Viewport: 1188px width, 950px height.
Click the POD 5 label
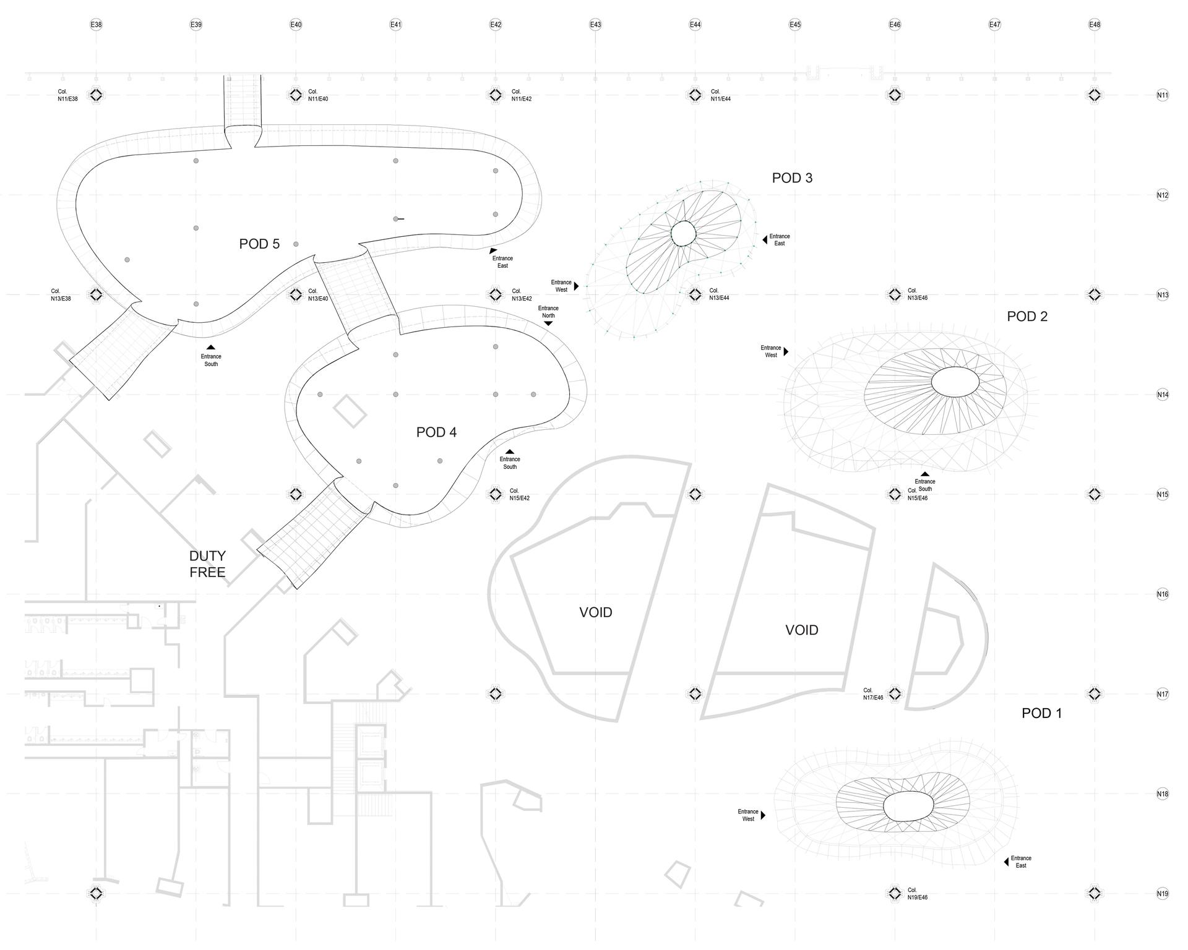pyautogui.click(x=259, y=244)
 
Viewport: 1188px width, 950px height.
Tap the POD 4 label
pyautogui.click(x=436, y=432)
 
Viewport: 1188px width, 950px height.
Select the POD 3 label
pyautogui.click(x=792, y=178)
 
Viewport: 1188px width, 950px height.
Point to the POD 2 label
pyautogui.click(x=1027, y=317)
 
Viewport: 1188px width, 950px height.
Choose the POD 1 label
pyautogui.click(x=1041, y=713)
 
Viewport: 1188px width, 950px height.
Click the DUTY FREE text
pyautogui.click(x=207, y=564)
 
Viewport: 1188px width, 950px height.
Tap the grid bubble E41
pyautogui.click(x=396, y=25)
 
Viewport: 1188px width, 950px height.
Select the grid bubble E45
pyautogui.click(x=795, y=25)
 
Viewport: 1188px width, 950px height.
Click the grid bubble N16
pyautogui.click(x=1163, y=594)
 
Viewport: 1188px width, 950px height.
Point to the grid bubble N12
pyautogui.click(x=1163, y=195)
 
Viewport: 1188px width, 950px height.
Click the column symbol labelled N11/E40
pyautogui.click(x=296, y=95)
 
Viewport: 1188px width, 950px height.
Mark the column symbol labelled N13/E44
pyautogui.click(x=695, y=295)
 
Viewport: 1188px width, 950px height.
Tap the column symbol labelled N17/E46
pyautogui.click(x=895, y=693)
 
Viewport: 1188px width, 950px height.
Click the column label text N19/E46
pyautogui.click(x=918, y=897)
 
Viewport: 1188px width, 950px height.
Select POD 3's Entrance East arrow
pyautogui.click(x=765, y=239)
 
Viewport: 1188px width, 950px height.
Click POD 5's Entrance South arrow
pyautogui.click(x=210, y=348)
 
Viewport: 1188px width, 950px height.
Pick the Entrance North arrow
pyautogui.click(x=548, y=323)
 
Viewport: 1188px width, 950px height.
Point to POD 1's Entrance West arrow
pyautogui.click(x=763, y=815)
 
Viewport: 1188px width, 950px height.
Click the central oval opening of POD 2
pyautogui.click(x=955, y=382)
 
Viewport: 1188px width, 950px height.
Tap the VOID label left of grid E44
pyautogui.click(x=596, y=612)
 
